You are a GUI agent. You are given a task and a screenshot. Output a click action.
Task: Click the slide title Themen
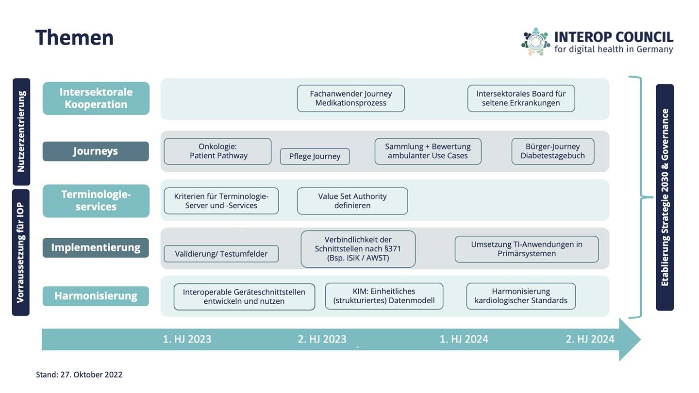coord(74,38)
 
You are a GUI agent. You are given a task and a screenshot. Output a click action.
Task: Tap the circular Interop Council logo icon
coord(535,42)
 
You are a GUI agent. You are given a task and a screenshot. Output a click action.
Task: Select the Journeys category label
coord(96,151)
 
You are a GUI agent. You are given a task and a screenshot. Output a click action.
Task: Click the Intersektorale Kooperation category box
coord(96,98)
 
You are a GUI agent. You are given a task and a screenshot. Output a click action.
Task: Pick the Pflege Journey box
coord(315,156)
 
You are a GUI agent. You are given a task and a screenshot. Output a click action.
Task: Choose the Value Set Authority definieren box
coord(352,201)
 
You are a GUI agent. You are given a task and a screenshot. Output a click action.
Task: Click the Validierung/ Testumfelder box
coord(221,254)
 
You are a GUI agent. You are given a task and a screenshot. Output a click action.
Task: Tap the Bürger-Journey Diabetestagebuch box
coord(552,151)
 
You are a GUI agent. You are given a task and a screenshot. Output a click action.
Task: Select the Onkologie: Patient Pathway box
coord(218,151)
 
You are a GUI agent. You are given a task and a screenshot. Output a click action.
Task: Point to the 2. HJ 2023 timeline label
coord(322,339)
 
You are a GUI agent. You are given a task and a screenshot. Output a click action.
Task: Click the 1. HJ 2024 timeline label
coord(464,339)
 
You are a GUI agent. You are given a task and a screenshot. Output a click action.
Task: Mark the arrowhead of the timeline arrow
coord(640,339)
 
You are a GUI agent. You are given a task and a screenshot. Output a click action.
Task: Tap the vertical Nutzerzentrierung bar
coord(21,131)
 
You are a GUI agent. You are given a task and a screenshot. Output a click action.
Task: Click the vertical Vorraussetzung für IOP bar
coord(21,252)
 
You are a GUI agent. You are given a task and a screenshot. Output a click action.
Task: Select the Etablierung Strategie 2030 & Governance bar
coord(665,197)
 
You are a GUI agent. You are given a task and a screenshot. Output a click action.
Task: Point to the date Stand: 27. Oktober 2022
coord(79,375)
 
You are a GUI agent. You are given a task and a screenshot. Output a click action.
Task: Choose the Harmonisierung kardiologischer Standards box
coord(521,296)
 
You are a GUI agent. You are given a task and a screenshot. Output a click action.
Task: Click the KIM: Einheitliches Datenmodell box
coord(384,296)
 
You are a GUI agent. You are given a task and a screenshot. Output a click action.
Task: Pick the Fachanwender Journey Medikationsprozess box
coord(351,98)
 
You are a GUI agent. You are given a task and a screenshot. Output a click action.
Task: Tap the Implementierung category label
coord(96,247)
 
